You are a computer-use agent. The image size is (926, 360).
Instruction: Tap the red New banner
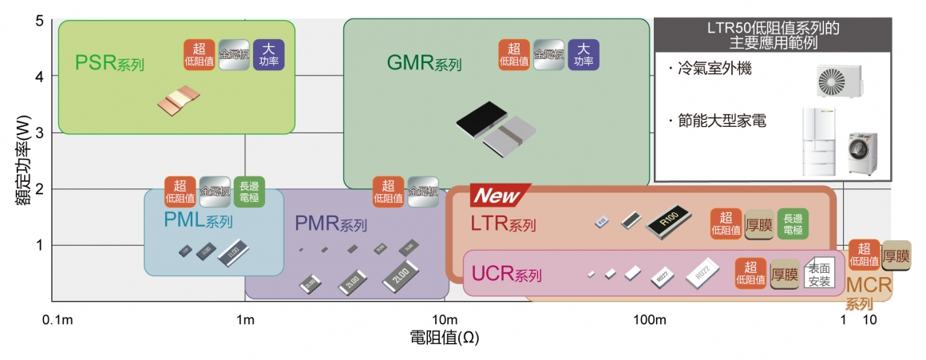pyautogui.click(x=497, y=195)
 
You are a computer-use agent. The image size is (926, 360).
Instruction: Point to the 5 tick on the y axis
pyautogui.click(x=38, y=20)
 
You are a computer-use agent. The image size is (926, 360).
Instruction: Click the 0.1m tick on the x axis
pyautogui.click(x=57, y=320)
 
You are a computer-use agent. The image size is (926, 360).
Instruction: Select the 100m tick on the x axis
pyautogui.click(x=649, y=320)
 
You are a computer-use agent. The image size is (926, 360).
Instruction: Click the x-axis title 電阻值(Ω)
pyautogui.click(x=444, y=338)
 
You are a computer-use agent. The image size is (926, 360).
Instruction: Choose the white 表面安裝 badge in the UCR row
pyautogui.click(x=820, y=274)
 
